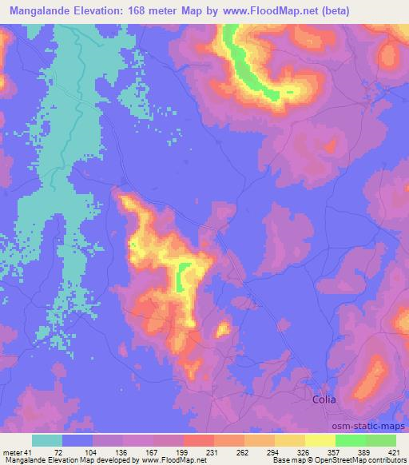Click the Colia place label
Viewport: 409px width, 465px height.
(x=324, y=399)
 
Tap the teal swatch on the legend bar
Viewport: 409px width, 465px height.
(x=46, y=440)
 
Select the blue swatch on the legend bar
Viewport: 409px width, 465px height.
(x=77, y=440)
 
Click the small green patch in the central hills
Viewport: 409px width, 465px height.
(x=183, y=276)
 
